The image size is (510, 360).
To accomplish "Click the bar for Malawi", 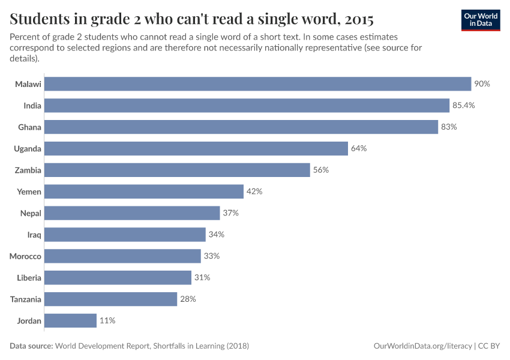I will (x=258, y=84).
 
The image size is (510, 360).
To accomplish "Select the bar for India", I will (x=247, y=106).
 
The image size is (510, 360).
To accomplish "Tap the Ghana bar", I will (x=241, y=127).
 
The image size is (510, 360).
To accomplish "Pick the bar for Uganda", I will (x=196, y=149).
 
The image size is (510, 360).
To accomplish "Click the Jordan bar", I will (x=71, y=320).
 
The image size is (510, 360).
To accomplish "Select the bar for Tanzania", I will (x=111, y=299).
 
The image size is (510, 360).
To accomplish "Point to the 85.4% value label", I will (x=464, y=106).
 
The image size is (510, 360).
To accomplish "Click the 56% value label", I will (x=321, y=170).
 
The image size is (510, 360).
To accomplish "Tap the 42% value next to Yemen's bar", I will (x=254, y=191).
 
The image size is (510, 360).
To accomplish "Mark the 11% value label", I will (x=107, y=320).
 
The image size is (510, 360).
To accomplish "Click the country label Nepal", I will (x=31, y=213).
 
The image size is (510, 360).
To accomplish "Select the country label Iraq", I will (x=34, y=235).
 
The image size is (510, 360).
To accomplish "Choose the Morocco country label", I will (x=25, y=256).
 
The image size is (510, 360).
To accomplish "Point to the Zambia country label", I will (x=28, y=170).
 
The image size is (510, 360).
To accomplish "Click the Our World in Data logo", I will (x=481, y=20).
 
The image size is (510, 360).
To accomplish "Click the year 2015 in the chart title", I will (x=356, y=19).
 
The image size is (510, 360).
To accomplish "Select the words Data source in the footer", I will (x=31, y=346).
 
